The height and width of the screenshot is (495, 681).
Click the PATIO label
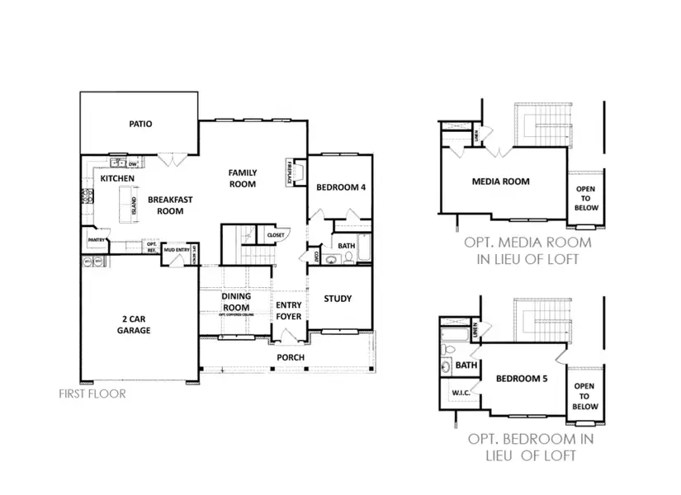(140, 125)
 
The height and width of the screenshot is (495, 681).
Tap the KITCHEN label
(116, 178)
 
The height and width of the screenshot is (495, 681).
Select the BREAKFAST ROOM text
(170, 205)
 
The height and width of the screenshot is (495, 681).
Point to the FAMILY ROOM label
(243, 178)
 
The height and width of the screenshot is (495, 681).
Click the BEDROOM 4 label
(341, 187)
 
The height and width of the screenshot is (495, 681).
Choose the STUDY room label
(338, 299)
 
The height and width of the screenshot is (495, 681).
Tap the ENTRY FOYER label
(288, 310)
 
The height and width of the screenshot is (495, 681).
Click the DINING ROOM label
(235, 302)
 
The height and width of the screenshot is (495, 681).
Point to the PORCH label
(291, 357)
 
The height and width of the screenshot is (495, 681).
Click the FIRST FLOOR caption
(92, 394)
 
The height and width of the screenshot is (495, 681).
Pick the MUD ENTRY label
(177, 249)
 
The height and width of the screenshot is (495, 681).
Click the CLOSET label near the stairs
(275, 235)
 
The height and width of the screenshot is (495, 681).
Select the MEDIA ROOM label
(500, 181)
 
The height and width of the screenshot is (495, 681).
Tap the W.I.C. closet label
(460, 393)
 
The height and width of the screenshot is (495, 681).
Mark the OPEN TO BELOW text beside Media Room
(584, 198)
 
